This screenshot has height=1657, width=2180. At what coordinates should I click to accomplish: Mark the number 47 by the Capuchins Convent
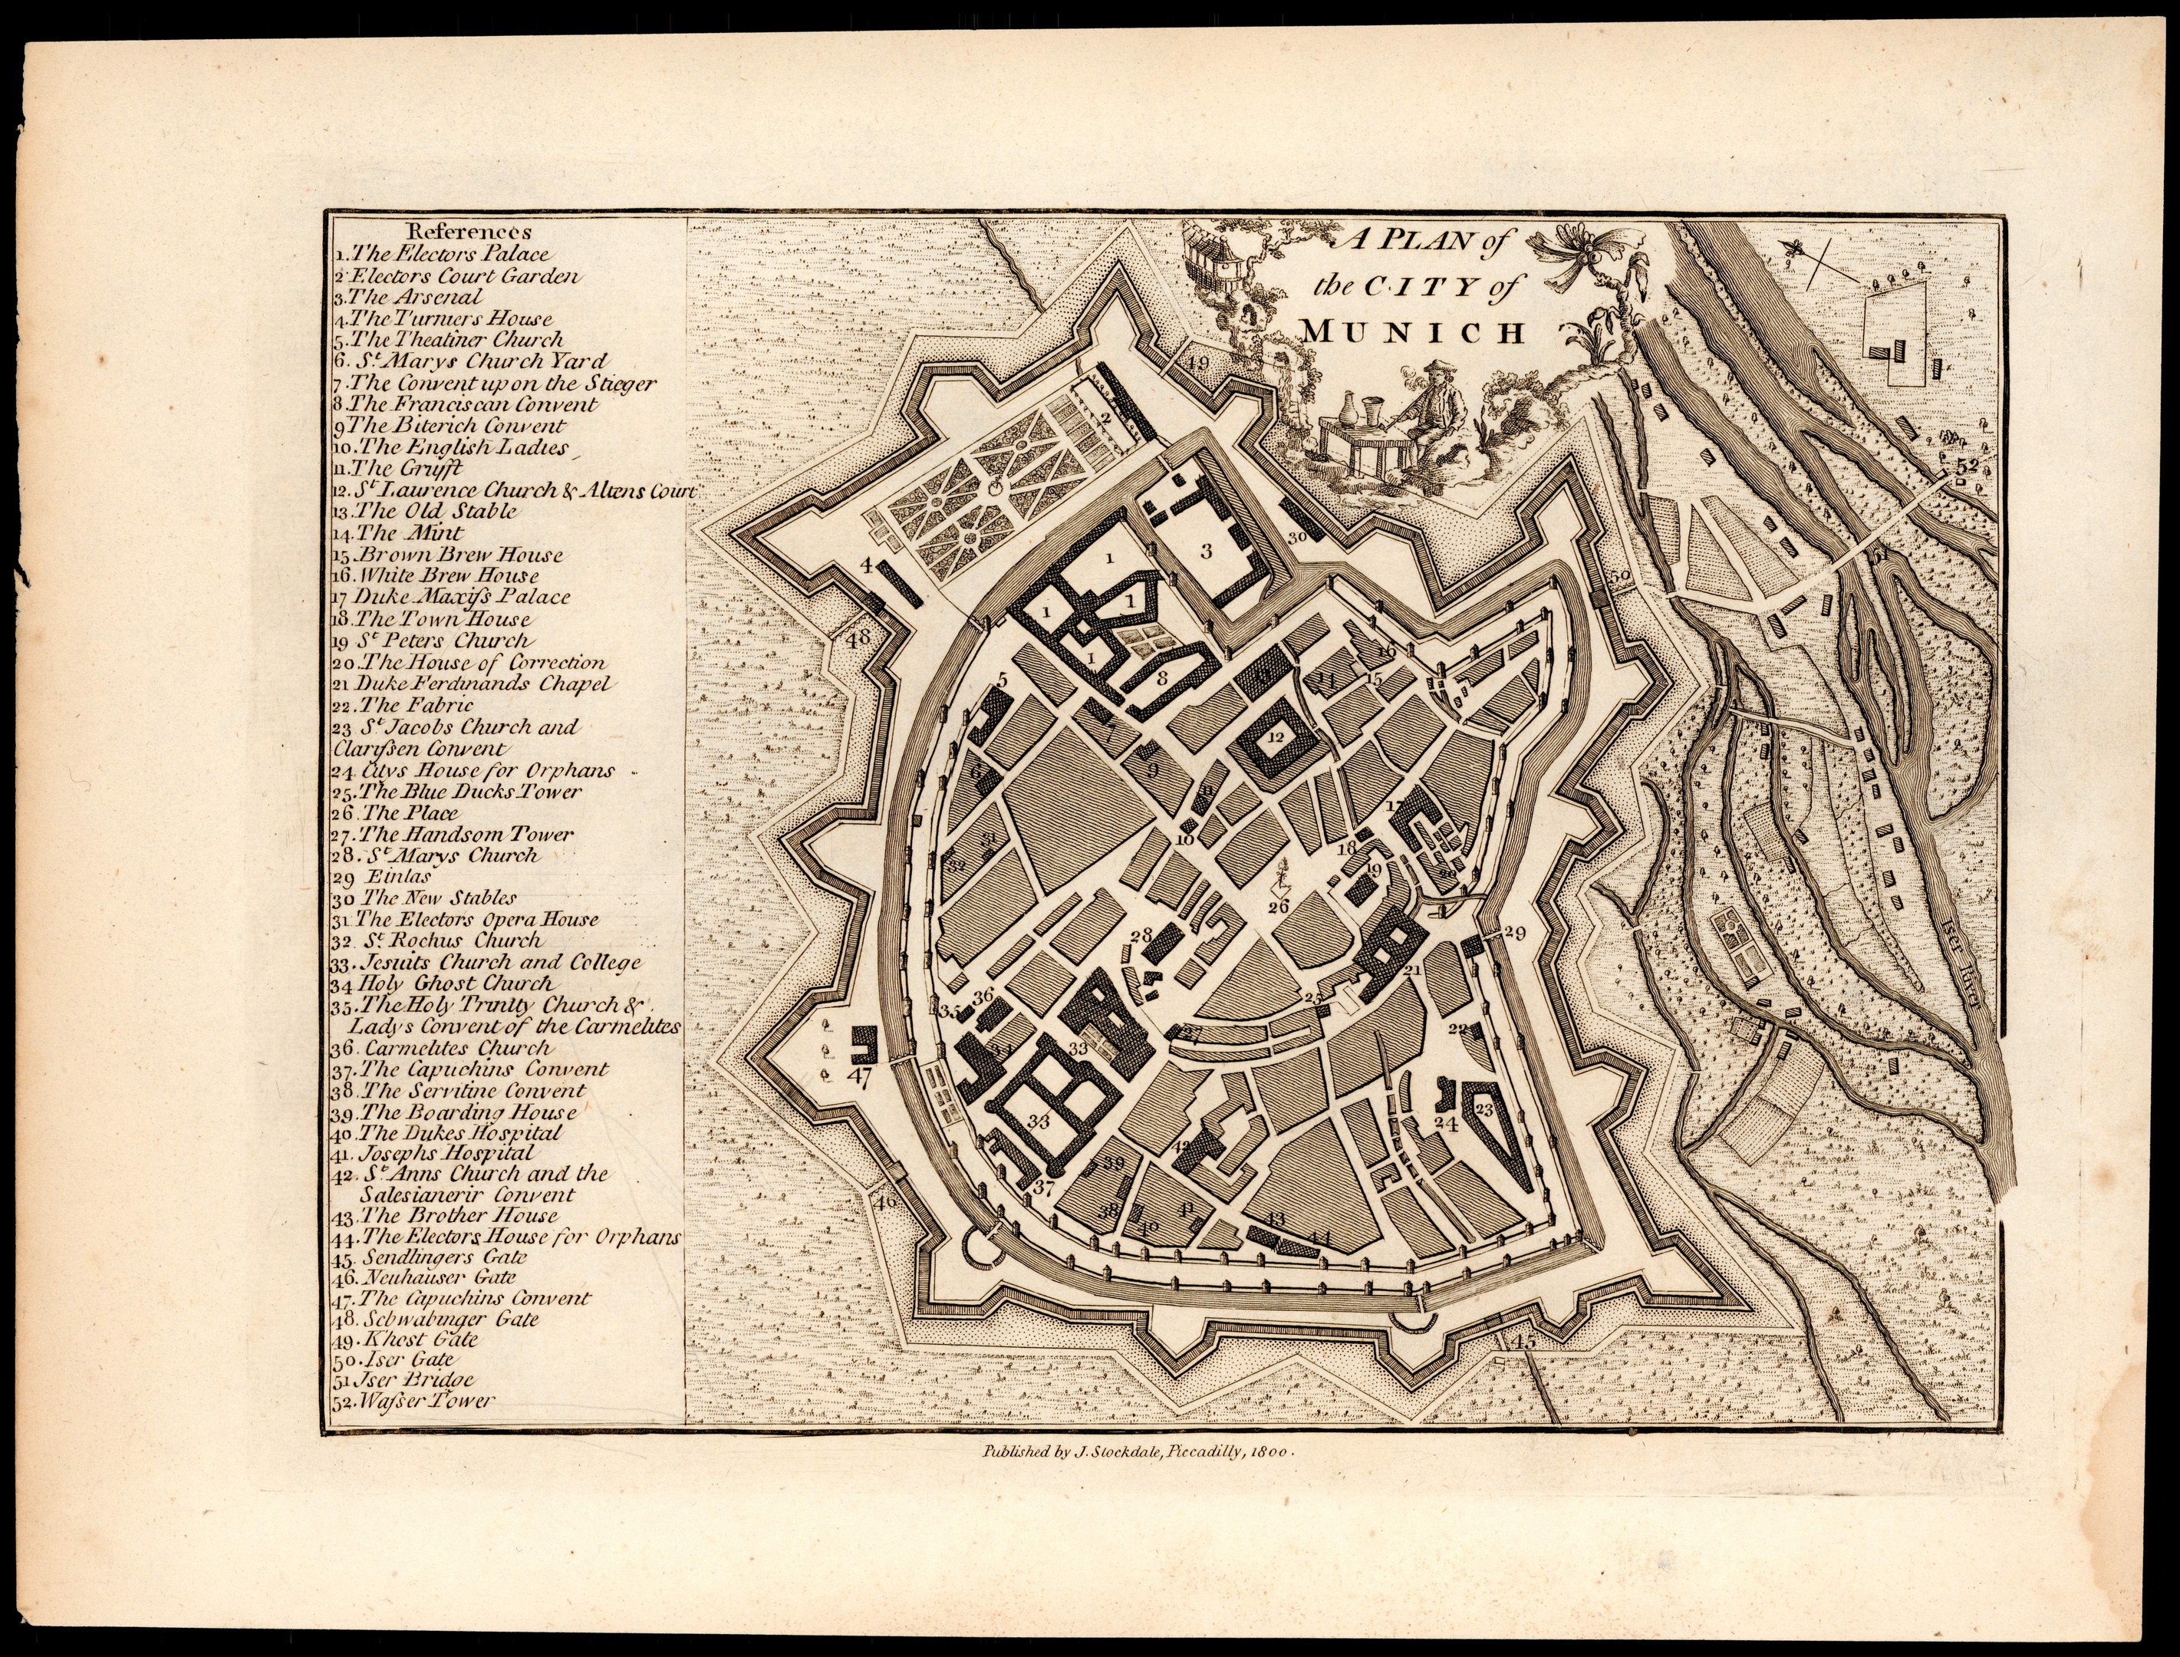pyautogui.click(x=860, y=1077)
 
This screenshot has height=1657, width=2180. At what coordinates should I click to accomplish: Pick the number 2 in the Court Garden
pyautogui.click(x=1106, y=418)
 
